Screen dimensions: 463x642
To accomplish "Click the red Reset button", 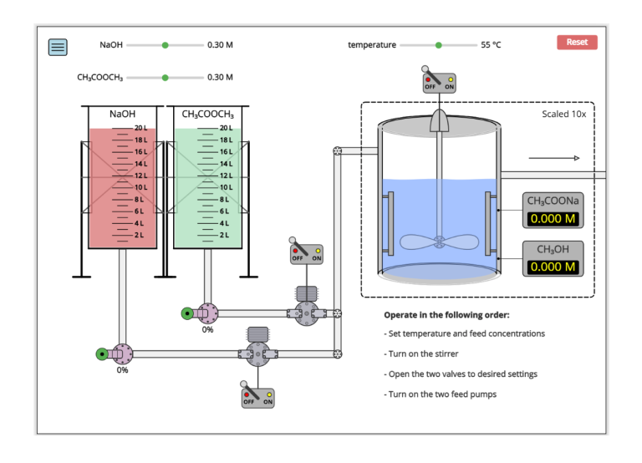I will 577,42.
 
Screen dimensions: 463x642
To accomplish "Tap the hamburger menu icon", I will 58,48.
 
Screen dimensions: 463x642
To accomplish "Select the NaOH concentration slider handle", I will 165,45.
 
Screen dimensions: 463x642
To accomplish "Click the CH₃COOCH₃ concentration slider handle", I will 165,78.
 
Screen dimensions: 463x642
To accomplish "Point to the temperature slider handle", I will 438,45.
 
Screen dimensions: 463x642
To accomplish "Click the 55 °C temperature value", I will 491,45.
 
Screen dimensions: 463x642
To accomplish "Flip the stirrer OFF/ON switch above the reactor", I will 439,82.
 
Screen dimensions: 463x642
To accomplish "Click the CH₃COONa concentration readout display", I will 553,220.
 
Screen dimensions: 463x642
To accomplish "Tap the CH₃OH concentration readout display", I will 553,267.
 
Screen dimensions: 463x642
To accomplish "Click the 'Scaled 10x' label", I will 563,114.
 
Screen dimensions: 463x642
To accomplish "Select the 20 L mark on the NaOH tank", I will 140,128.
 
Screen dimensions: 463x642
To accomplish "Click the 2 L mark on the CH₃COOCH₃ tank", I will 224,236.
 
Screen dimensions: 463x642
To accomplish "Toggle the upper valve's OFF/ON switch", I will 306,253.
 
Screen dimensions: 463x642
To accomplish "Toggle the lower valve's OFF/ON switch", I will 257,397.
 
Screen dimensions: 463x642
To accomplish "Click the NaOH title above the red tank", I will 122,114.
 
